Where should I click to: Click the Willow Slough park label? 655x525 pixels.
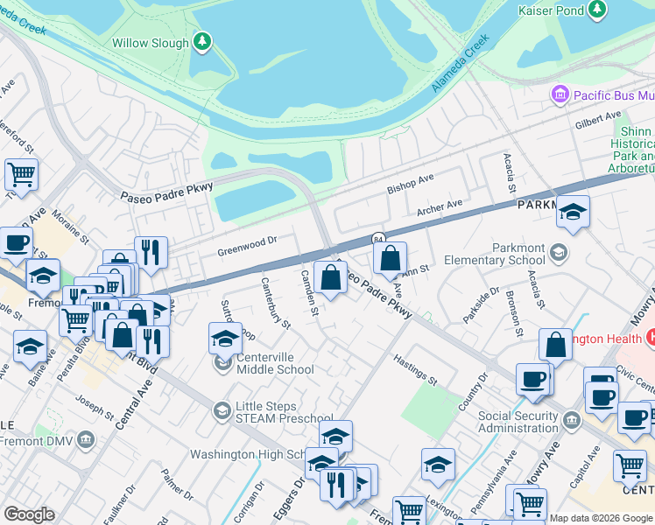click(x=150, y=43)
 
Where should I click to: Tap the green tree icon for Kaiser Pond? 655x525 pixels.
click(x=597, y=9)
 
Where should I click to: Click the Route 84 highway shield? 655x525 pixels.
click(x=378, y=239)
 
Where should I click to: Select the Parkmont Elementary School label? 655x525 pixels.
click(x=506, y=254)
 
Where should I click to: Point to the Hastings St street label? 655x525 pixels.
click(x=415, y=370)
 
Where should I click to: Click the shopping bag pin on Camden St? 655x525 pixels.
click(x=330, y=278)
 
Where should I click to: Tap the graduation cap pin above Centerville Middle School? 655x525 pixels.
click(x=225, y=338)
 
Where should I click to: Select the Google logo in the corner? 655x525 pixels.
click(x=29, y=514)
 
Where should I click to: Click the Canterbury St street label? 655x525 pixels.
click(x=275, y=302)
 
